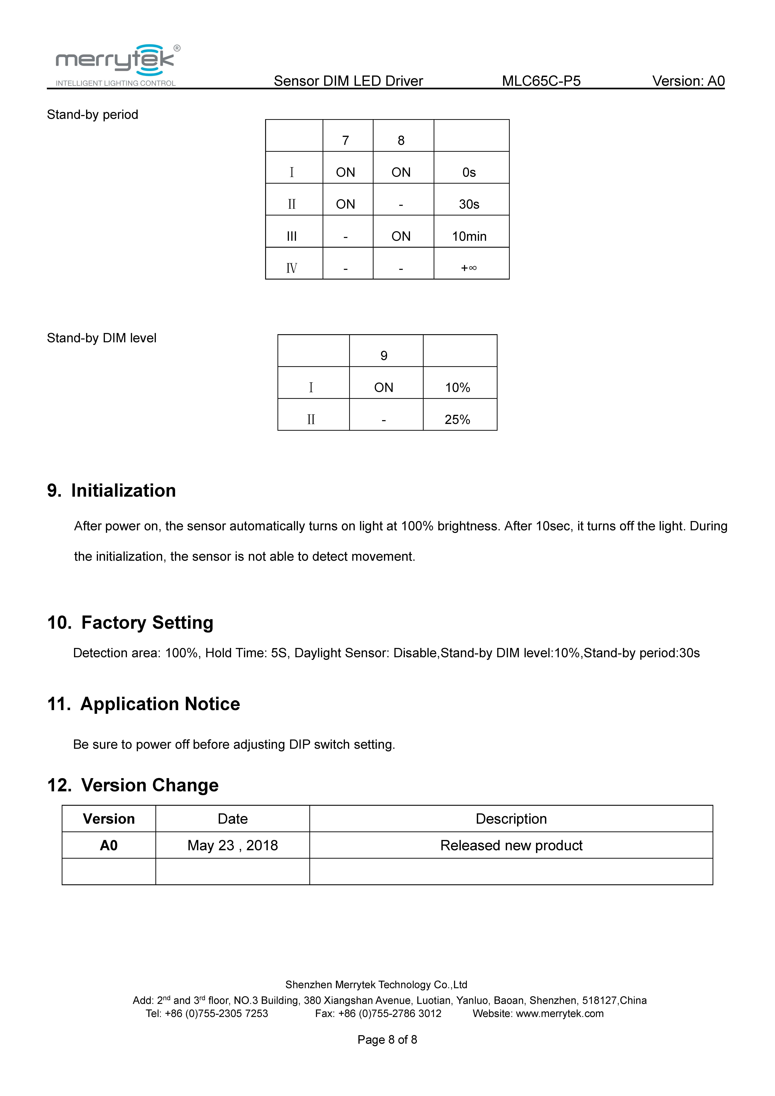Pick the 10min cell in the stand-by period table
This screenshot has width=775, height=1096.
coord(469,236)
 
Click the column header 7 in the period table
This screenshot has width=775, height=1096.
coord(345,140)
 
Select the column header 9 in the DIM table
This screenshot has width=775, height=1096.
coord(384,356)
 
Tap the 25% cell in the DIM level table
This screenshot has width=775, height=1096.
coord(457,420)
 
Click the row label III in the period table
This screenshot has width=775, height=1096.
coord(292,236)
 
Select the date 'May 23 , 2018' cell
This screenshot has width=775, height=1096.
coord(232,845)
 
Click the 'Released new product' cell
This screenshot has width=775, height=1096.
coord(511,845)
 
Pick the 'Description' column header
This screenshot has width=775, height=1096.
coord(511,819)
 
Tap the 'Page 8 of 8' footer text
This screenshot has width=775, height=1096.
coord(387,1040)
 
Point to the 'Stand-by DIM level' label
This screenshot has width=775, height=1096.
coord(102,338)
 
